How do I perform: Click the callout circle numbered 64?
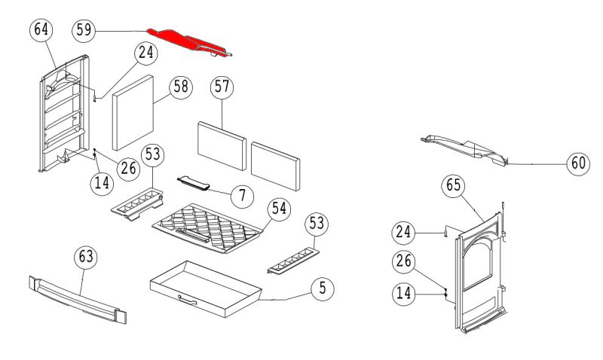pos(42,30)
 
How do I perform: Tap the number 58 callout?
pos(179,86)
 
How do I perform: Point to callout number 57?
pos(221,86)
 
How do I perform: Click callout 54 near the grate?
pos(280,209)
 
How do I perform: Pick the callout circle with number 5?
pos(322,287)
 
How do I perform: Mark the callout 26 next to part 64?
pos(128,167)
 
